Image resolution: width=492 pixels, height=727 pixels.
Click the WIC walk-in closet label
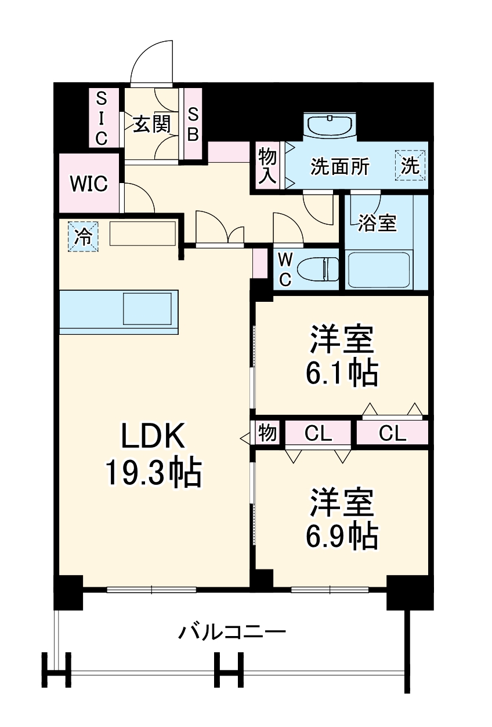89,184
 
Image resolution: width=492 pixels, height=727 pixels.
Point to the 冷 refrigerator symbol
84,237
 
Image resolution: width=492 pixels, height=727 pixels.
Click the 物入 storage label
267,166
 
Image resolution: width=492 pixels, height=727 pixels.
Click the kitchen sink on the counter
147,308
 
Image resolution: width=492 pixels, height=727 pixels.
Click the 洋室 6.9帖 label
342,518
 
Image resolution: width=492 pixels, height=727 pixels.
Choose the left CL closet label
318,433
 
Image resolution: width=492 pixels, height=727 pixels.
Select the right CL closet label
392,433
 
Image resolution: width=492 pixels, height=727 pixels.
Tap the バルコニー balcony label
231,631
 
